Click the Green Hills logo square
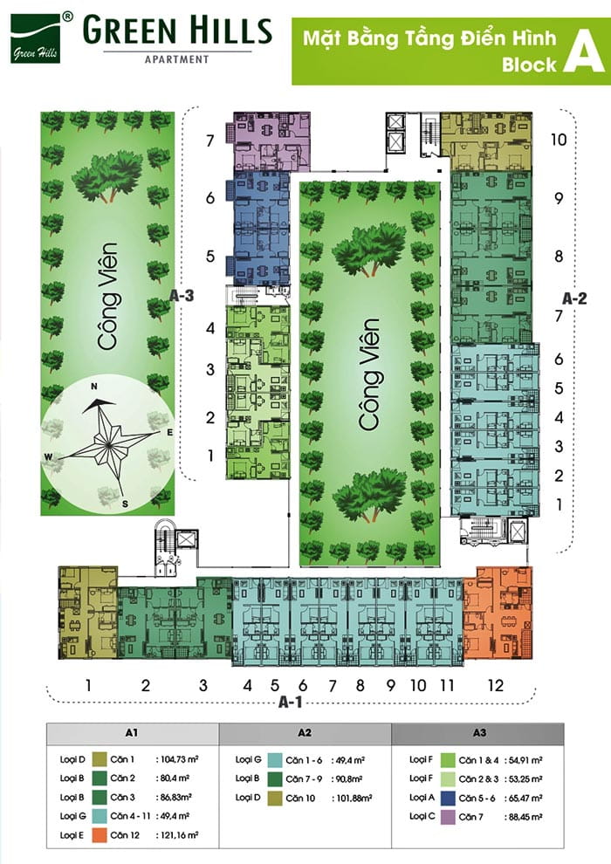click(35, 38)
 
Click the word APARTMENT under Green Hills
click(177, 59)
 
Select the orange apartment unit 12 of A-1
click(498, 614)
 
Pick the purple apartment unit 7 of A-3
click(270, 141)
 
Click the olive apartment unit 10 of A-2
click(486, 141)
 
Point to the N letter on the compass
click(93, 387)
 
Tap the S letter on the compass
click(125, 504)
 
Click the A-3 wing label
click(182, 296)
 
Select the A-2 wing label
click(574, 298)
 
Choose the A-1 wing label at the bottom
click(291, 702)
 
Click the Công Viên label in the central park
click(369, 374)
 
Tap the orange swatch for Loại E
click(100, 835)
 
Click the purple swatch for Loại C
click(448, 817)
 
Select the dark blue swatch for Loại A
click(448, 798)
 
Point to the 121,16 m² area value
click(178, 835)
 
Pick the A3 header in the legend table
click(479, 733)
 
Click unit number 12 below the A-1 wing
click(495, 685)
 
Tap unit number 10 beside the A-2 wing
click(559, 140)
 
